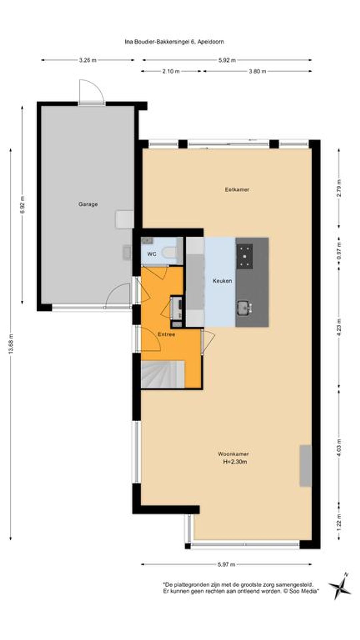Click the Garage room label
tap(88, 204)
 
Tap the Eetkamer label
tap(237, 189)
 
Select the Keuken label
tap(222, 281)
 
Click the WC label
tap(152, 254)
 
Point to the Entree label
tap(166, 334)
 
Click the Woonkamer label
tap(233, 454)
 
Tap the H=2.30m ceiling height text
tap(235, 462)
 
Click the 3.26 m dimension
tap(88, 60)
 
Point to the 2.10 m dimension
tap(171, 71)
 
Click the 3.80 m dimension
tap(257, 71)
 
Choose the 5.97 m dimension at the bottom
tap(227, 564)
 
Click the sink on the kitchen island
tap(245, 307)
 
